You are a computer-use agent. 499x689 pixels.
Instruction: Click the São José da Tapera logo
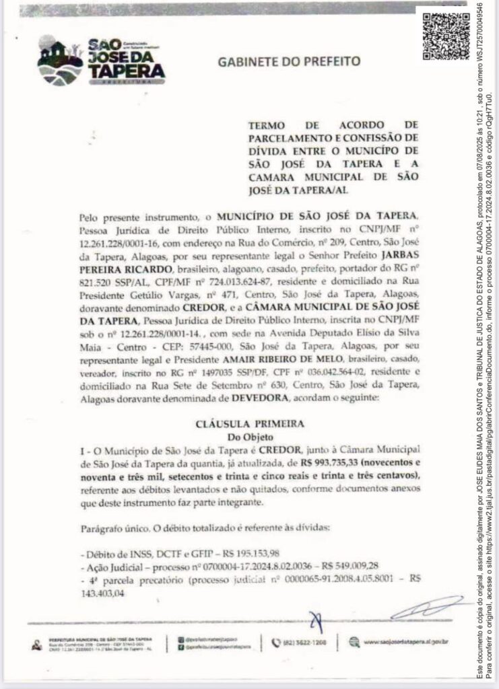101,61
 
